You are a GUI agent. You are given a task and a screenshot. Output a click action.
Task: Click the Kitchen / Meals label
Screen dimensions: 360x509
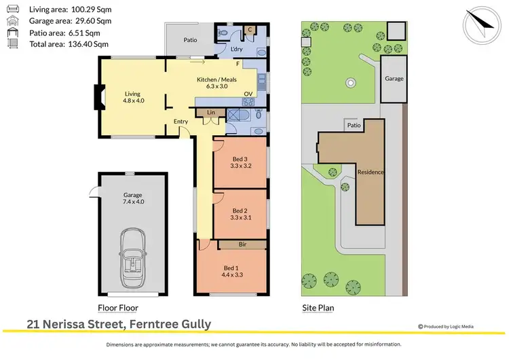[214, 83]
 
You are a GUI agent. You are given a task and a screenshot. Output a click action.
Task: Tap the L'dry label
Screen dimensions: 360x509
[237, 50]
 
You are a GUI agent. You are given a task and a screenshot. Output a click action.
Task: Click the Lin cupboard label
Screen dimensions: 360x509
[211, 111]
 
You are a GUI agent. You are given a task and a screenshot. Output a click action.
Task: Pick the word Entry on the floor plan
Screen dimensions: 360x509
[181, 122]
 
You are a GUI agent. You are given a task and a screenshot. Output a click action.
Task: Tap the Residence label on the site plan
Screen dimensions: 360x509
[371, 172]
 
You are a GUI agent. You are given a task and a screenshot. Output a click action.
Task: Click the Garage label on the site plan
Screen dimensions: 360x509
[394, 79]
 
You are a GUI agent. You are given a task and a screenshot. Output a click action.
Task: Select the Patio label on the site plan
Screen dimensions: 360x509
[354, 126]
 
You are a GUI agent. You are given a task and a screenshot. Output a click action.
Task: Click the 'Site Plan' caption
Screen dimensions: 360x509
[318, 308]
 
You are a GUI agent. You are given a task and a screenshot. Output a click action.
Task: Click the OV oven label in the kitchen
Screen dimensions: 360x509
[248, 94]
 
